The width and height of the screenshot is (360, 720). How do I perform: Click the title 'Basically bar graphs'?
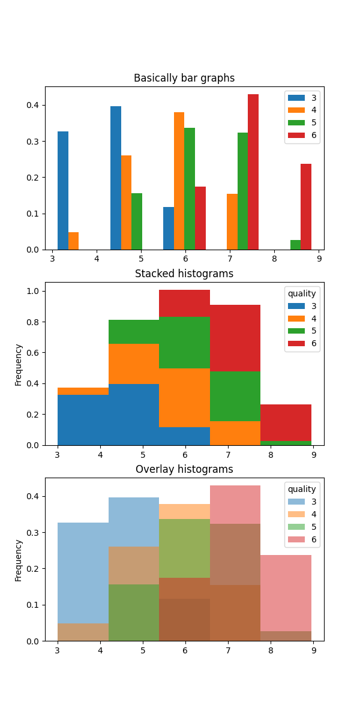184,78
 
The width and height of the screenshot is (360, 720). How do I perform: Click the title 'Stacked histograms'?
184,274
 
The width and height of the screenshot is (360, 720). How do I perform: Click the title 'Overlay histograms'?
184,469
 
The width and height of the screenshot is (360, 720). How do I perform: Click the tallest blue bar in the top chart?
116,178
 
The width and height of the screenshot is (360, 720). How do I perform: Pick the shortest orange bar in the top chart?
73,241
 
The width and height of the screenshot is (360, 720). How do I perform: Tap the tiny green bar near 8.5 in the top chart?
295,245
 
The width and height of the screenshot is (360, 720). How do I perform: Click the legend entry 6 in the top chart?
313,136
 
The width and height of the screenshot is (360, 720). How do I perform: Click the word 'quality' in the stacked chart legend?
302,293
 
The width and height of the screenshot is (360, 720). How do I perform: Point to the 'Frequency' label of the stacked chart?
19,364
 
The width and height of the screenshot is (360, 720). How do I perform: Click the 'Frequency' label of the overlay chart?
19,560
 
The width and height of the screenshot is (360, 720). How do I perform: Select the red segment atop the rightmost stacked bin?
286,422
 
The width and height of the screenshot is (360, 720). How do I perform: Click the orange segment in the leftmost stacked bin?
83,391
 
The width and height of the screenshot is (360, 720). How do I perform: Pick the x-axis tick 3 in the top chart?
53,259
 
